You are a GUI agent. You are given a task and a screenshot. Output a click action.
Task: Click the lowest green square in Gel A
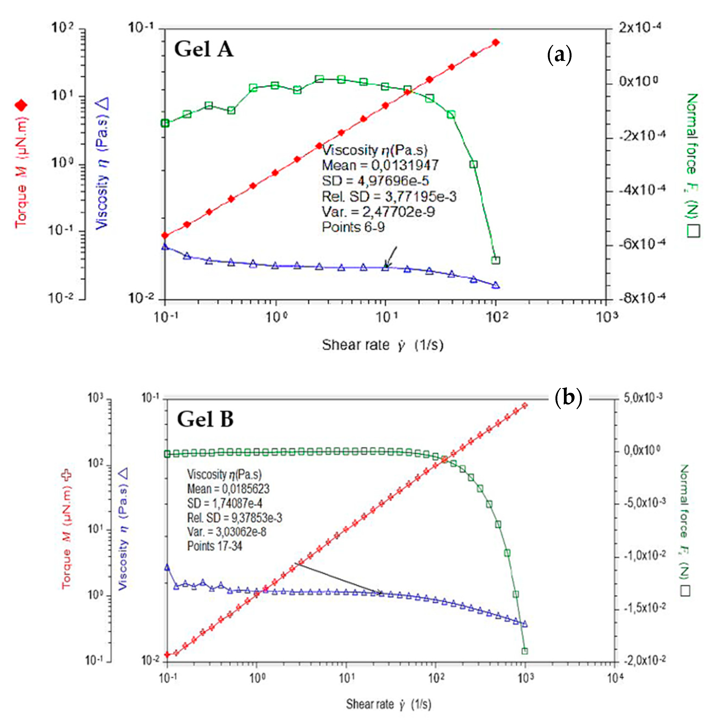click(495, 260)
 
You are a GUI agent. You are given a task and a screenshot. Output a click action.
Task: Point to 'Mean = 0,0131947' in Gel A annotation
click(380, 165)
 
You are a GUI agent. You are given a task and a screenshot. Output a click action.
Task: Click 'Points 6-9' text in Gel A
click(353, 227)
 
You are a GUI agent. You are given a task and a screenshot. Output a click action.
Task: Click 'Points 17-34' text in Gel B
click(215, 546)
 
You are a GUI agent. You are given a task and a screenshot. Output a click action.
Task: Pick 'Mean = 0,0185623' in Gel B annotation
click(228, 489)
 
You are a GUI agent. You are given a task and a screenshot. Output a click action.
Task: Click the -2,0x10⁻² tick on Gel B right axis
click(643, 661)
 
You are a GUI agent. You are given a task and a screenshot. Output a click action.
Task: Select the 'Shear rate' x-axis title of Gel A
click(383, 345)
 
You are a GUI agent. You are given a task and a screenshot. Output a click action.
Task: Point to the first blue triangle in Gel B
click(167, 568)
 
